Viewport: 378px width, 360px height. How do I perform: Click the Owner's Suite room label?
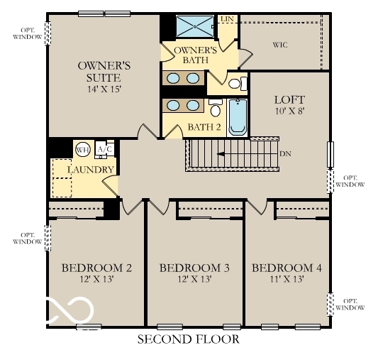click(x=99, y=72)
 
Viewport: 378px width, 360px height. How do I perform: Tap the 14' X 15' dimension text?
click(x=99, y=90)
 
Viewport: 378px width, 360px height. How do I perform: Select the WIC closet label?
click(x=281, y=44)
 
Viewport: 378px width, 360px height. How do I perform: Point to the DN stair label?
click(x=286, y=153)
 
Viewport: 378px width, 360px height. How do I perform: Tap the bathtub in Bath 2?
click(x=237, y=116)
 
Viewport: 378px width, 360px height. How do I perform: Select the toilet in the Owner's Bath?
click(x=237, y=84)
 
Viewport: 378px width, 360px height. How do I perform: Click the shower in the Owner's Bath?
click(x=194, y=26)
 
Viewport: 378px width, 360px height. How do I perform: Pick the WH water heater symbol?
click(x=83, y=149)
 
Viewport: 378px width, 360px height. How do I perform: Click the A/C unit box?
click(x=104, y=149)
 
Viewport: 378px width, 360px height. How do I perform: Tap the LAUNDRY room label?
click(x=91, y=170)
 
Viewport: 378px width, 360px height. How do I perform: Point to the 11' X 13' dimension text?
click(x=287, y=280)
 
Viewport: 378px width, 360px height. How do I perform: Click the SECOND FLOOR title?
click(x=189, y=339)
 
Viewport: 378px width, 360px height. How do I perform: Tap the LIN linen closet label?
click(x=228, y=18)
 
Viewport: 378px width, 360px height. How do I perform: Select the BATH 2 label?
click(x=204, y=128)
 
